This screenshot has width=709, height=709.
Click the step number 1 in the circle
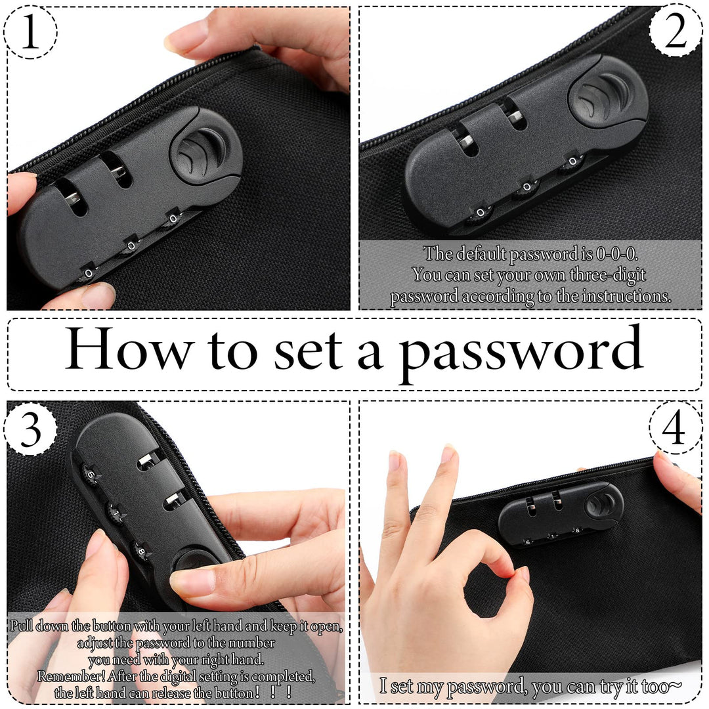(x=30, y=32)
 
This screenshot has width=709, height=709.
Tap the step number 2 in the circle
(x=676, y=31)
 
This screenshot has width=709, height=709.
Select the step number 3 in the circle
(x=30, y=429)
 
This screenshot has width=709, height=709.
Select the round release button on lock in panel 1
(x=201, y=151)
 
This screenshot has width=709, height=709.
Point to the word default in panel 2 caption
(x=481, y=254)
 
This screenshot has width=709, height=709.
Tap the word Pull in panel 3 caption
(x=21, y=626)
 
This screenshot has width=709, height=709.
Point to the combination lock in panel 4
(x=561, y=513)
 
